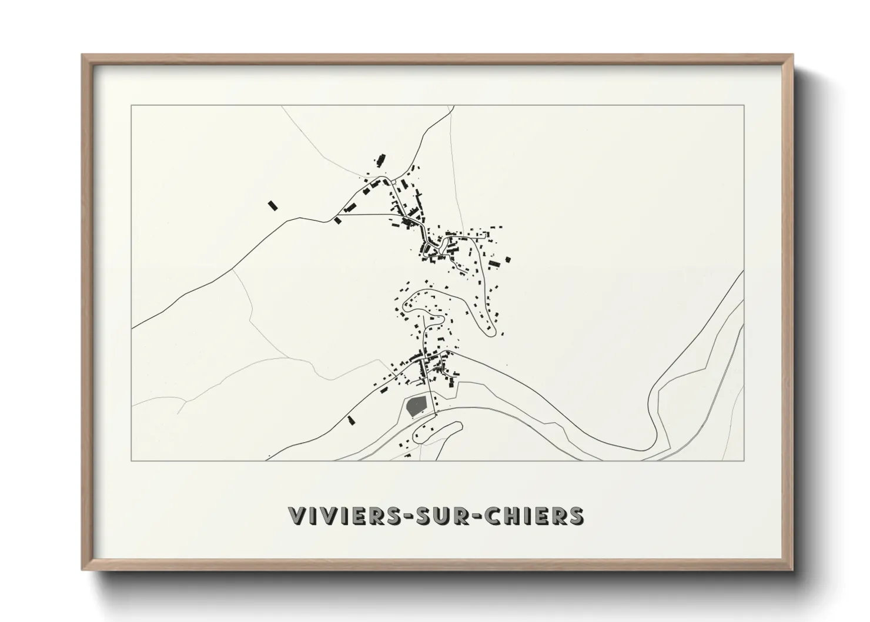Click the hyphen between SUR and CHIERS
461,516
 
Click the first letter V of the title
296,516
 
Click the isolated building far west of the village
272,205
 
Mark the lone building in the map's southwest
351,420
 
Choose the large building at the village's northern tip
380,160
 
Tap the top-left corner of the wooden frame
83,55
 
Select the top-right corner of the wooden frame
792,55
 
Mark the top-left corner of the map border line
132,105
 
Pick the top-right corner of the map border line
744,105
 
